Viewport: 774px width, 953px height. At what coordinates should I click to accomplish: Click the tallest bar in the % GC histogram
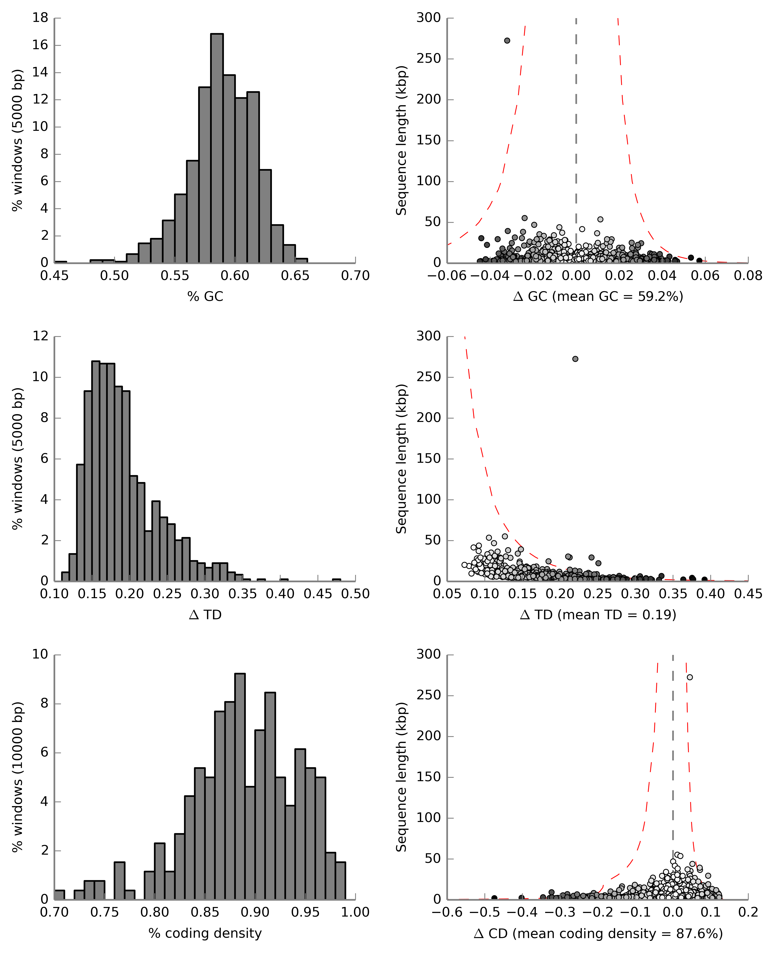[x=217, y=147]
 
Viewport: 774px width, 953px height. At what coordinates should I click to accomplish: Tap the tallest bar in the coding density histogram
[x=240, y=787]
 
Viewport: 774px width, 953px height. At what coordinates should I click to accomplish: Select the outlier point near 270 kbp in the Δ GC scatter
[x=507, y=41]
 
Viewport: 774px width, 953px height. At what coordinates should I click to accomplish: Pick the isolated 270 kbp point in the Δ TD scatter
[x=575, y=359]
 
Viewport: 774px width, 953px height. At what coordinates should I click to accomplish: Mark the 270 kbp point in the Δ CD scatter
[x=690, y=677]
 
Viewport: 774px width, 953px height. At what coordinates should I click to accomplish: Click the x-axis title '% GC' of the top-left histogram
[x=205, y=296]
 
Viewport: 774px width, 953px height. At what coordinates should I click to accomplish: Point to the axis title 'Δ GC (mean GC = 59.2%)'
[x=598, y=296]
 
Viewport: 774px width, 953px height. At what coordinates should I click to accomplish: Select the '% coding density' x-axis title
[x=205, y=933]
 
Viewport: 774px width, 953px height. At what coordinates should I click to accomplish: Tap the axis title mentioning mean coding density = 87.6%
[x=598, y=933]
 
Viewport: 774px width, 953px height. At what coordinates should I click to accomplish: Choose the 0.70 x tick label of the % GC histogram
[x=355, y=275]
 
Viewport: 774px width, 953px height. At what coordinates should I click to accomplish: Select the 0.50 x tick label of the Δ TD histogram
[x=355, y=594]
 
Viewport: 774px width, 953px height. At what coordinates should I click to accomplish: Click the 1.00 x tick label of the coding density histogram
[x=355, y=912]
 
